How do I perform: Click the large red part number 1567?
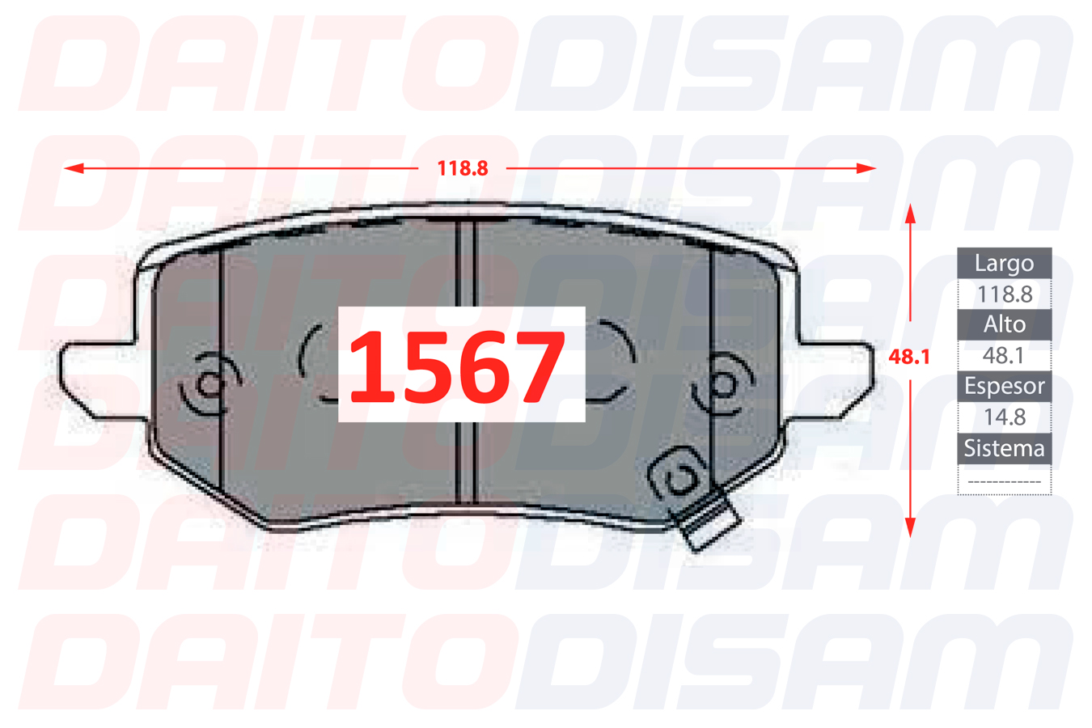tap(457, 366)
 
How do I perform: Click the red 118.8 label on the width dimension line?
tap(463, 169)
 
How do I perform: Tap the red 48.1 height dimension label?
tap(909, 357)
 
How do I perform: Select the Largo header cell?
tap(1005, 264)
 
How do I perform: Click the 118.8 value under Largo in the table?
tap(1005, 294)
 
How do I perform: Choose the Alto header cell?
tap(1005, 324)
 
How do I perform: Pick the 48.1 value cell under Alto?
tap(1005, 355)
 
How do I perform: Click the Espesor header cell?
tap(1005, 386)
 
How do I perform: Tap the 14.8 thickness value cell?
tap(1005, 417)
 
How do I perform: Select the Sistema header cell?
tap(1005, 449)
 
